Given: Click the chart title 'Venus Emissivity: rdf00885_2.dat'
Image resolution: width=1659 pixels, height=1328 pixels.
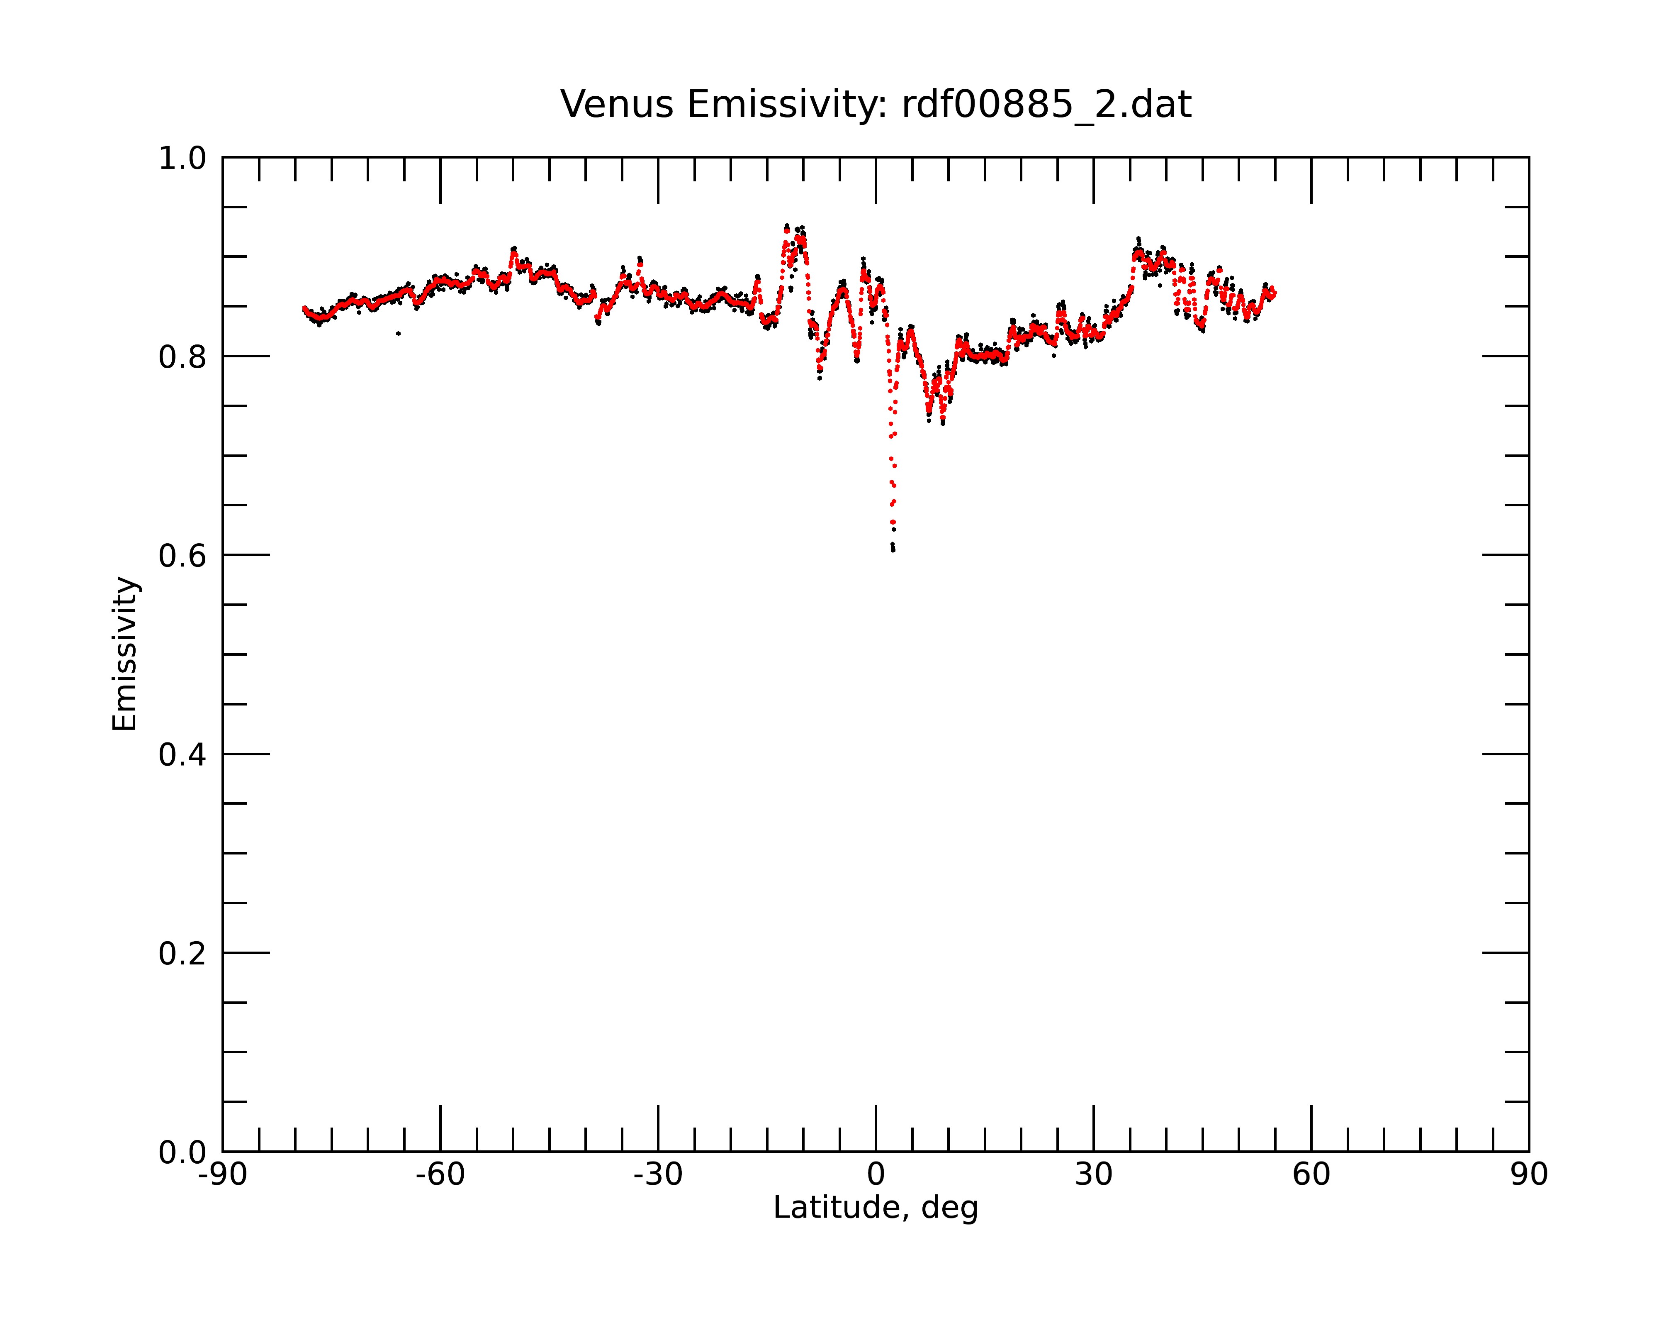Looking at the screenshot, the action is click(x=876, y=105).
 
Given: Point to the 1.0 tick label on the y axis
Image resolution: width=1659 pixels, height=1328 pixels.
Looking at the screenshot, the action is click(x=182, y=159).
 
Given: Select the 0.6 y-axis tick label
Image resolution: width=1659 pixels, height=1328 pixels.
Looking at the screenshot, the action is click(x=182, y=556).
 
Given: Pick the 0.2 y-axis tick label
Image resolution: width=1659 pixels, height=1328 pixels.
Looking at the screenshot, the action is click(x=182, y=954).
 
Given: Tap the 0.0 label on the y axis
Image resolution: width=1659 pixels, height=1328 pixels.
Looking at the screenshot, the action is click(x=182, y=1152).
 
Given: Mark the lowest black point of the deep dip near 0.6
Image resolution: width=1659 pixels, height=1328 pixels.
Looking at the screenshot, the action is click(x=893, y=550).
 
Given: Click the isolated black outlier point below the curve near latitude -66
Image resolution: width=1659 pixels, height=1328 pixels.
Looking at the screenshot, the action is click(x=398, y=333).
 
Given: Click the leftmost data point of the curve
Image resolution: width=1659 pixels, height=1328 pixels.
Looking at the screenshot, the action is click(x=304, y=308).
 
